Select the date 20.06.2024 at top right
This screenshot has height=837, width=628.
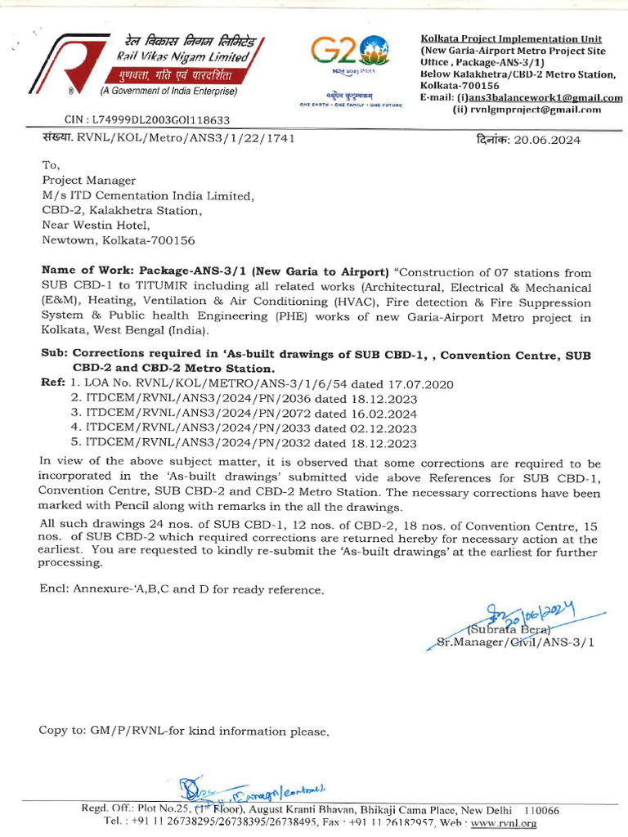[547, 140]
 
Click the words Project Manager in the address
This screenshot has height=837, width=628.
[89, 181]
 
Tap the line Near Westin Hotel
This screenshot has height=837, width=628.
[96, 225]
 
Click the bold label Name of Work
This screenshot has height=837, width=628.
[87, 271]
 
